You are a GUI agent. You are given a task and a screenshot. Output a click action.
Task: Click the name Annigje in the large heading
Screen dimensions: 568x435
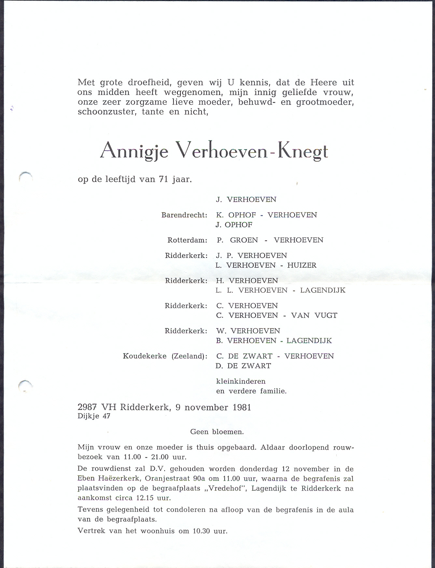click(x=134, y=150)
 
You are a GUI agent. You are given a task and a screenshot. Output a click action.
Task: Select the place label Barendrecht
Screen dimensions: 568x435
click(x=184, y=215)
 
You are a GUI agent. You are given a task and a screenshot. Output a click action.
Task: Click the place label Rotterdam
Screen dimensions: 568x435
click(x=187, y=240)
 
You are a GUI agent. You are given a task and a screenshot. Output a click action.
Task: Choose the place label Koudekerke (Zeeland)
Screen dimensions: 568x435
click(x=165, y=356)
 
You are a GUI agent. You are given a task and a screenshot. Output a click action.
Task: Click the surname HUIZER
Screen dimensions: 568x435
click(x=302, y=265)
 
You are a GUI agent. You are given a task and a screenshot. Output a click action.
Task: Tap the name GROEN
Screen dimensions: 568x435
click(x=244, y=240)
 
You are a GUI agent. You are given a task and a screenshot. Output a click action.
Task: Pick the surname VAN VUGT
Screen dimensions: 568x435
click(x=314, y=315)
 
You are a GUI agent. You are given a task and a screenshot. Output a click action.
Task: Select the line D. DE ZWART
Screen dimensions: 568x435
click(x=243, y=366)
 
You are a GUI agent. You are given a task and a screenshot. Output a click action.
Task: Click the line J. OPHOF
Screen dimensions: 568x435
click(x=234, y=225)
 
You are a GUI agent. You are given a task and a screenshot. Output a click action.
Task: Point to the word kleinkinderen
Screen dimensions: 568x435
click(x=241, y=381)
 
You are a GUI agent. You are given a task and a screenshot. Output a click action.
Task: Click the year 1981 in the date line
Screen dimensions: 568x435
click(x=242, y=407)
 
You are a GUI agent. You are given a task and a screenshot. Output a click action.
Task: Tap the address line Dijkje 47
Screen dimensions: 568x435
click(x=94, y=416)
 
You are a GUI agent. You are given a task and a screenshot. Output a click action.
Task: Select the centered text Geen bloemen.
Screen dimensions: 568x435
click(x=217, y=432)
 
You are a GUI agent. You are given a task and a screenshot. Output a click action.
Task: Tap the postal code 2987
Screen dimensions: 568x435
click(x=87, y=407)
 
